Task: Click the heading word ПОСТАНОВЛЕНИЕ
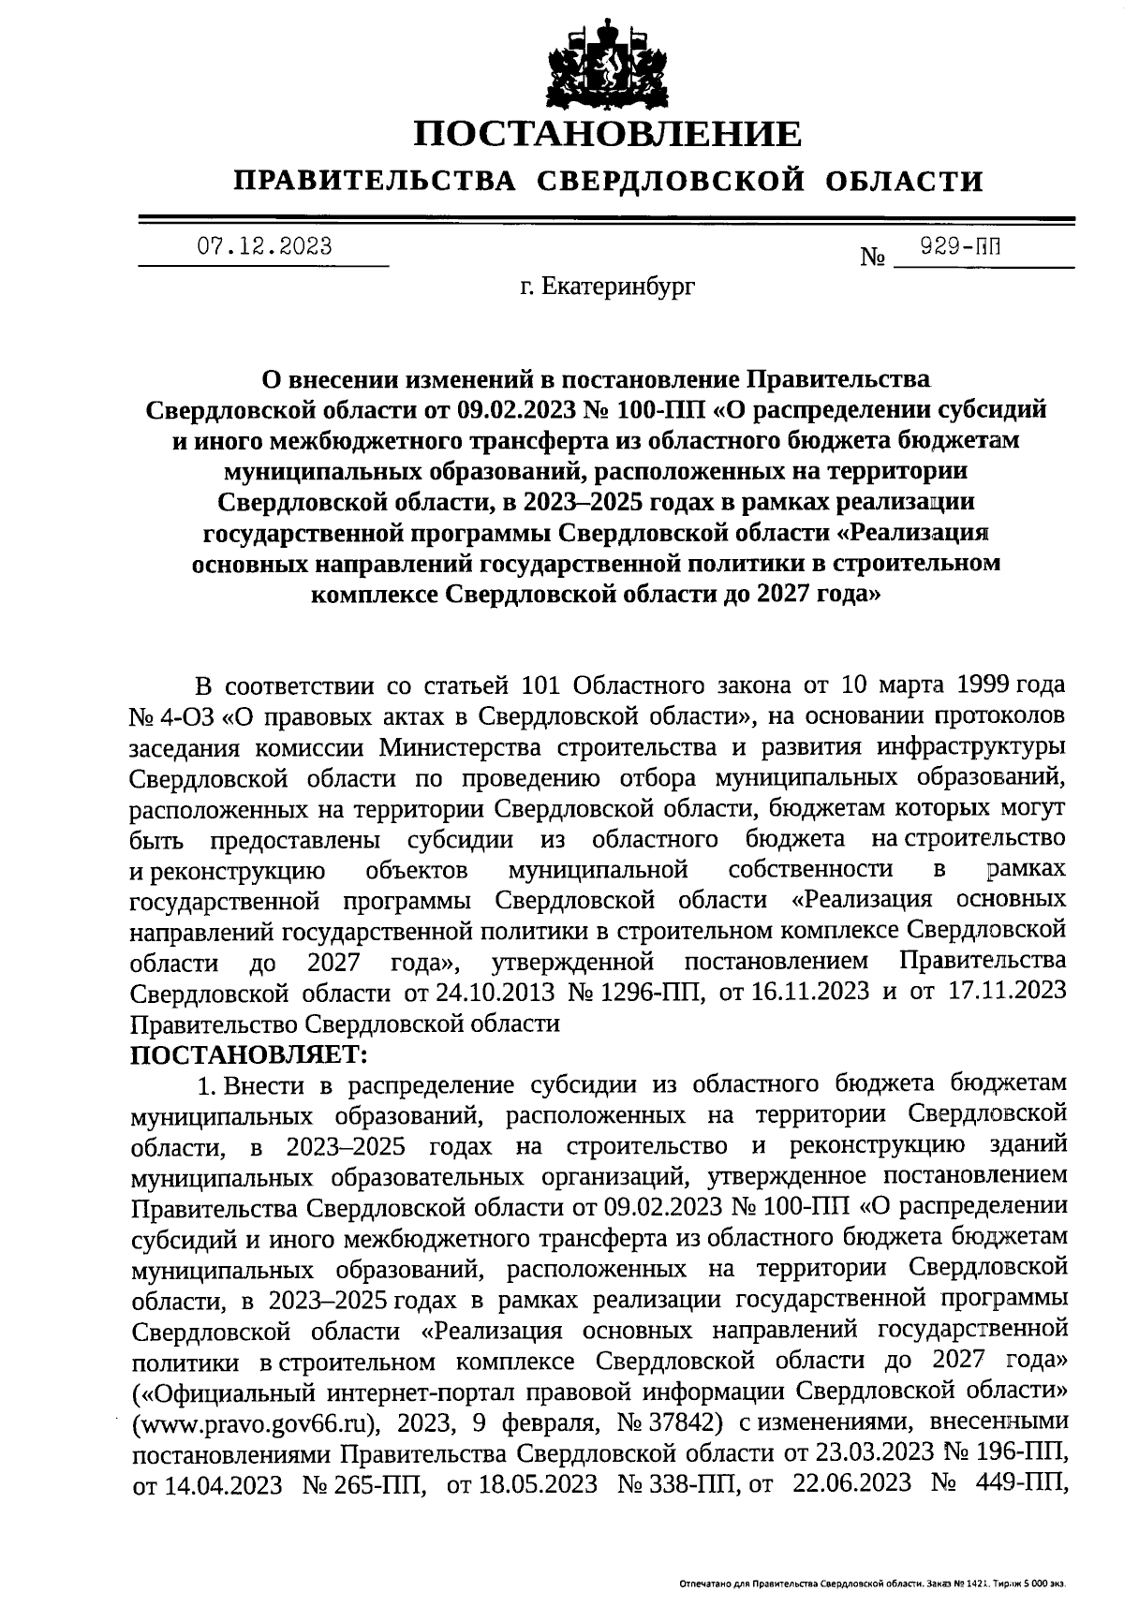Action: pos(609,133)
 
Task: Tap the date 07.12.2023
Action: pos(264,246)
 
